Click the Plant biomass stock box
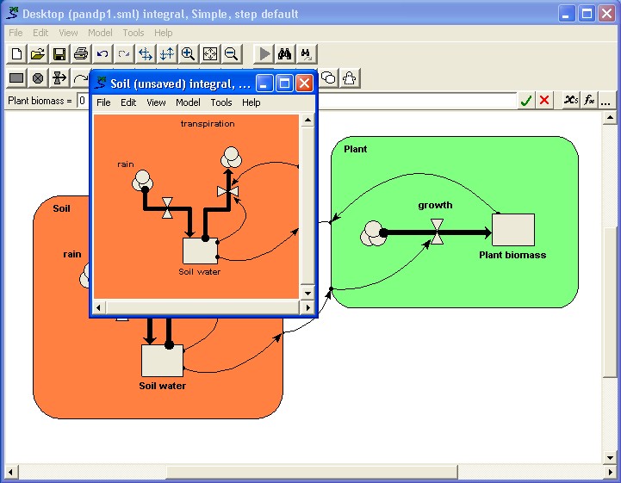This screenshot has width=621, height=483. click(x=513, y=230)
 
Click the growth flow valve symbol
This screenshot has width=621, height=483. click(x=437, y=232)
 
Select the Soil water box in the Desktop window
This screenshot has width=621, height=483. click(x=163, y=360)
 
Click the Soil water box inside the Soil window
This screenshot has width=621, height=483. click(x=201, y=251)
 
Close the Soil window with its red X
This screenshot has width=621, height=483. click(x=304, y=84)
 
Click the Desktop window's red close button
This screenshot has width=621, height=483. click(x=606, y=14)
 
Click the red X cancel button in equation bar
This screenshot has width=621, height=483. click(x=544, y=100)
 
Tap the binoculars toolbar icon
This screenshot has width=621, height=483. click(x=284, y=54)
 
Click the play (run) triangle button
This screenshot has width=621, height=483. click(x=264, y=54)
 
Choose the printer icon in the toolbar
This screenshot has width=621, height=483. click(x=81, y=54)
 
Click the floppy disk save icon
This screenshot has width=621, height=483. click(x=59, y=54)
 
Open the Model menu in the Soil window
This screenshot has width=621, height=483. click(x=188, y=102)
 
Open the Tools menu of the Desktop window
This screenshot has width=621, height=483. click(x=133, y=33)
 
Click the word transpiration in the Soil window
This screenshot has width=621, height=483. click(x=208, y=123)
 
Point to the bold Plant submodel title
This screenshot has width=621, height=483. click(x=355, y=149)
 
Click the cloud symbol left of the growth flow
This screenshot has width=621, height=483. click(x=373, y=233)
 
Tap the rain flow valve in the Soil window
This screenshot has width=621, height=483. click(x=168, y=207)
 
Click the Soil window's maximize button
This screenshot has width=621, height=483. click(x=284, y=84)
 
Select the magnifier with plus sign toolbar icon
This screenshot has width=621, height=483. click(x=188, y=54)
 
